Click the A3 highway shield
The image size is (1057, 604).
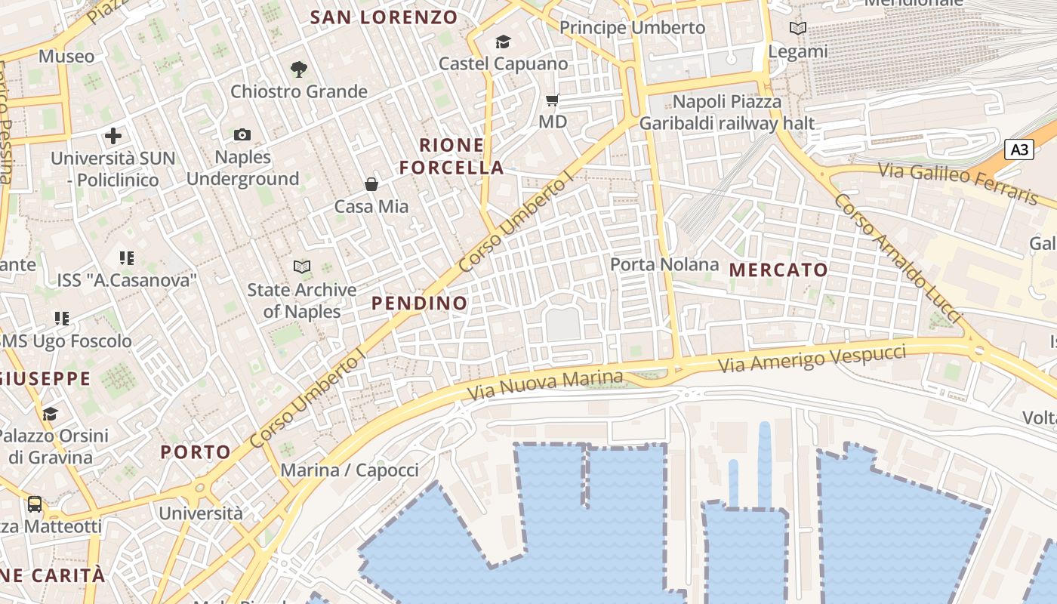[x=1019, y=149]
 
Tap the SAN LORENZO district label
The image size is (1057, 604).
[x=384, y=17]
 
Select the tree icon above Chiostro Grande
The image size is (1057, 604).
[x=299, y=69]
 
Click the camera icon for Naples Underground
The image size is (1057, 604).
[x=242, y=135]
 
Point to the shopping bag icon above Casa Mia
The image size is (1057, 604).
[x=371, y=184]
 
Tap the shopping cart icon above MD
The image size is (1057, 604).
[x=553, y=100]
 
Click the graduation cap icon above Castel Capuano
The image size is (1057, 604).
[x=503, y=42]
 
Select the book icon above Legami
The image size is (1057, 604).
[x=797, y=29]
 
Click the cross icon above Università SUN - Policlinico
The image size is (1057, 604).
[x=113, y=136]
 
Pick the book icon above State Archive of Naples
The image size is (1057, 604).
[x=302, y=267]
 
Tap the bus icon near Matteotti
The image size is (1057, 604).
[x=35, y=504]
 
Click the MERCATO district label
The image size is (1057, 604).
[x=778, y=270]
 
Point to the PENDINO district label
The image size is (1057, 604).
[x=420, y=304]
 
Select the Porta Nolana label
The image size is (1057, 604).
[x=664, y=264]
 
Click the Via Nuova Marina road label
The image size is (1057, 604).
[x=545, y=385]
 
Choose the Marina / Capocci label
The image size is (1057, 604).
[x=350, y=470]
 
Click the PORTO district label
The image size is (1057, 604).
[x=196, y=452]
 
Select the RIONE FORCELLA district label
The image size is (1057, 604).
[x=451, y=156]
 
